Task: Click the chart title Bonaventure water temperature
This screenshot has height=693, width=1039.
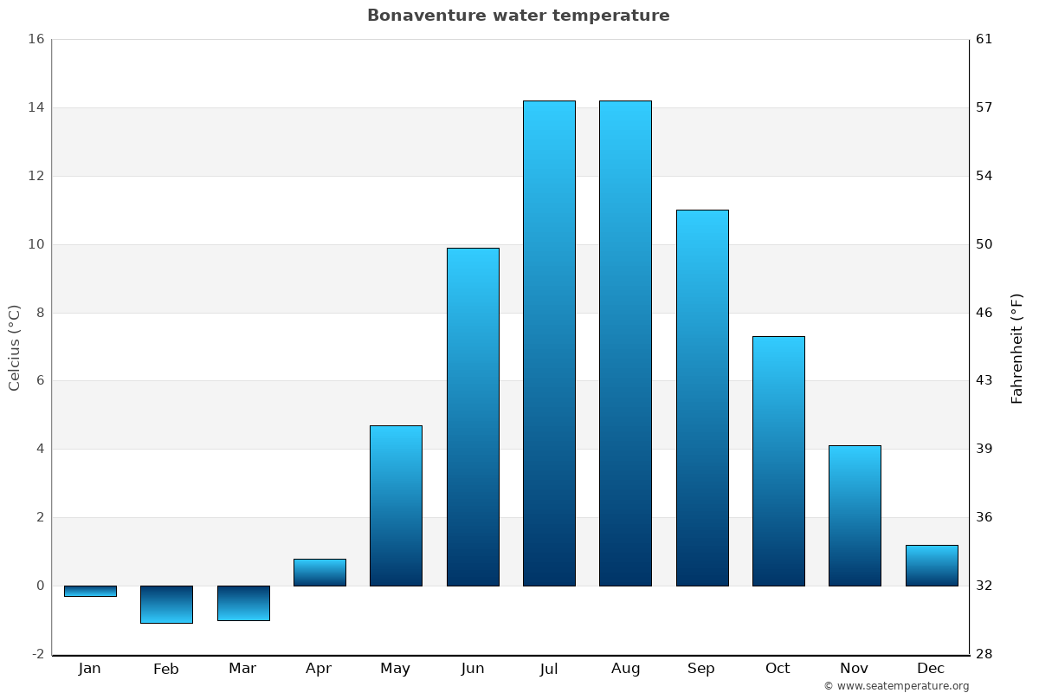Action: coord(518,16)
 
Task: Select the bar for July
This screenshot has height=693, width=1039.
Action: coord(549,343)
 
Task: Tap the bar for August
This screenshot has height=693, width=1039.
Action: coord(625,343)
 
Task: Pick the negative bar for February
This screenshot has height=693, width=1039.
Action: coord(166,605)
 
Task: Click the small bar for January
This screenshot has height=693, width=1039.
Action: coord(90,591)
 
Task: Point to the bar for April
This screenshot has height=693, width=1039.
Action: coord(319,573)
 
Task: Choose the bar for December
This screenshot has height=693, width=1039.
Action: coord(932,566)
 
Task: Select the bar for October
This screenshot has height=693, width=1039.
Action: coord(778,461)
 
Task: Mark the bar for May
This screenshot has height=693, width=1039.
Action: coord(396,506)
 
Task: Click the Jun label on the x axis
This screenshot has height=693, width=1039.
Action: coord(473,669)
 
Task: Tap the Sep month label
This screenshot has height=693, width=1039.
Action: coord(701,669)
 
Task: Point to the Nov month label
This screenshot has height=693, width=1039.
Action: coord(854,669)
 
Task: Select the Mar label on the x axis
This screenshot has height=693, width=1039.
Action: coord(242,669)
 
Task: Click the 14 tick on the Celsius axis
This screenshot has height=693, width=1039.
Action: coord(35,107)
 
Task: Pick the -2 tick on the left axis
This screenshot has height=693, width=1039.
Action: coord(37,654)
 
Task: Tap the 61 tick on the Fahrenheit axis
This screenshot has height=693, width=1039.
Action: coord(984,39)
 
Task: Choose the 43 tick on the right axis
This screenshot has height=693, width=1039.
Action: coord(984,380)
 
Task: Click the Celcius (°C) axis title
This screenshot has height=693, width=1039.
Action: coord(15,347)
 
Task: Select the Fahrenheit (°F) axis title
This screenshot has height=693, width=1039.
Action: coord(1017,348)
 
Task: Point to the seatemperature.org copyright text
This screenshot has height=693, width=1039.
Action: coord(896,686)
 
